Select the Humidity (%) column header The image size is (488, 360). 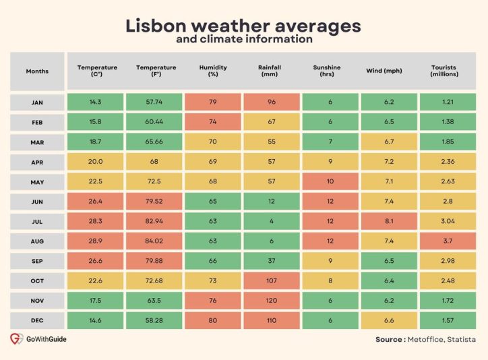[x=213, y=71]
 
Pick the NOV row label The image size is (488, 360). [x=37, y=300]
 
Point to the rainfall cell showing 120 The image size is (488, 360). [x=272, y=300]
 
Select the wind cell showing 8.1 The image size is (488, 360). [x=390, y=221]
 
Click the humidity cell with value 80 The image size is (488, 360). [x=213, y=320]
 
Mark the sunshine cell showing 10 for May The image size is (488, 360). [x=330, y=181]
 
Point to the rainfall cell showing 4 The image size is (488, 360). [x=272, y=221]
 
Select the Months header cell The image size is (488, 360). [x=37, y=71]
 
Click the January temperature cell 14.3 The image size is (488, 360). [x=95, y=102]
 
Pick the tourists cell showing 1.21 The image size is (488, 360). [x=448, y=102]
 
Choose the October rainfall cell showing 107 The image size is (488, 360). [x=272, y=280]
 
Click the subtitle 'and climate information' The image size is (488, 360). [x=243, y=40]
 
